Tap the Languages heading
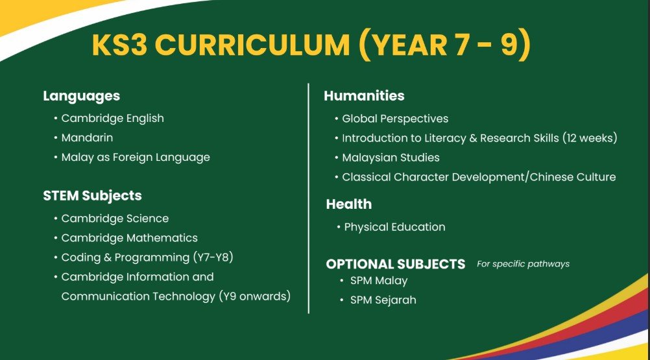(x=81, y=97)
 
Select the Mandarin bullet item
(x=87, y=138)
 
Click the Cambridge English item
(x=112, y=119)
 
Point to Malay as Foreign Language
(x=136, y=158)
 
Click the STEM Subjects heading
(x=93, y=195)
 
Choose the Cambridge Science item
(x=115, y=219)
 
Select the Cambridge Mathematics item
(x=129, y=238)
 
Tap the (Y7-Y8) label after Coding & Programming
(x=213, y=258)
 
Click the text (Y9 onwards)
(x=254, y=296)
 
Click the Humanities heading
(x=364, y=96)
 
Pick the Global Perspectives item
(x=395, y=119)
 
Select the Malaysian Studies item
(x=391, y=158)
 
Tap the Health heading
(x=349, y=204)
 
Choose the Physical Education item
(x=394, y=227)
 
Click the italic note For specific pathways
(x=523, y=264)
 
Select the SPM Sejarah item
(x=383, y=300)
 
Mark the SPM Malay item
(x=379, y=281)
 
